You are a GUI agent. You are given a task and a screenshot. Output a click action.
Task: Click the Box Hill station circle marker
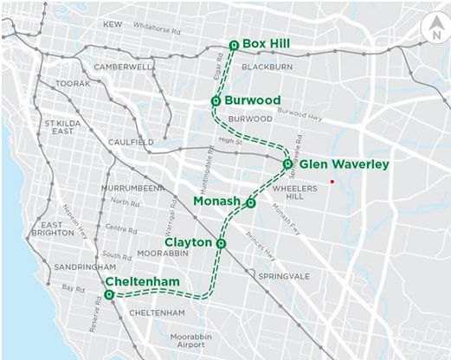click(x=234, y=45)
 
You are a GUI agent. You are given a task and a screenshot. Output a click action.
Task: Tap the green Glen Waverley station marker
click(x=287, y=164)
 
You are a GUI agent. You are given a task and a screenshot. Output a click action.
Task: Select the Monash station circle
click(x=251, y=203)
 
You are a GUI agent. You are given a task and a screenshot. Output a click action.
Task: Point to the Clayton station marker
click(x=222, y=244)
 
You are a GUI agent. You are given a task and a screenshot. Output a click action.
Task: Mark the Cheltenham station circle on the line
click(x=109, y=295)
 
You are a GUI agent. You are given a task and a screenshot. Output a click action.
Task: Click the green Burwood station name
click(x=252, y=100)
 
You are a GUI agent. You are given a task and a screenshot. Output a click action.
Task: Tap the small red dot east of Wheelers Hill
click(x=332, y=181)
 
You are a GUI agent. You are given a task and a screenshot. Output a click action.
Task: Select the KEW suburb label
click(x=113, y=25)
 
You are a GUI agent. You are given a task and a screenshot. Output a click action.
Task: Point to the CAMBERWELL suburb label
click(x=124, y=66)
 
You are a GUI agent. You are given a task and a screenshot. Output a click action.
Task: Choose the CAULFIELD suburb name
click(x=131, y=141)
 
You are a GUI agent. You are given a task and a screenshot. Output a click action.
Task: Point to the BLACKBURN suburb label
click(x=268, y=66)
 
